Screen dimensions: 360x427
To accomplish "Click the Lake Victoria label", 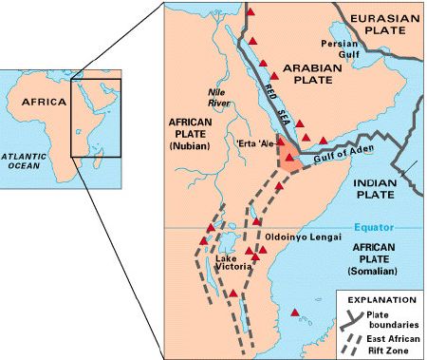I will click(232, 263).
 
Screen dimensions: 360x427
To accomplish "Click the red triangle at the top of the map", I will click(251, 13).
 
